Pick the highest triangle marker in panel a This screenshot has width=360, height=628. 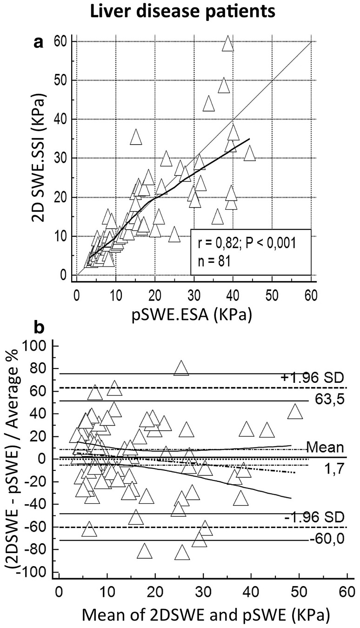[x=227, y=43]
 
